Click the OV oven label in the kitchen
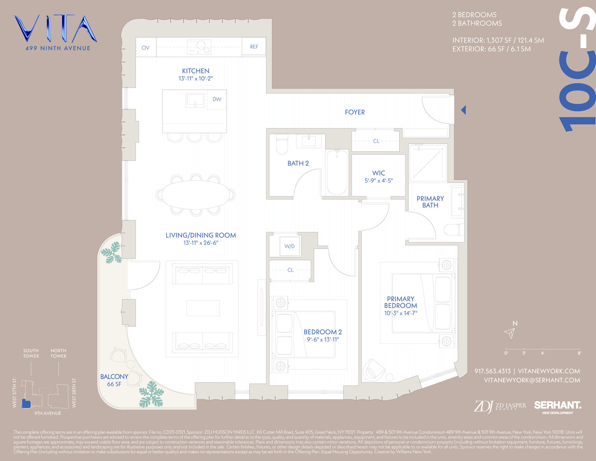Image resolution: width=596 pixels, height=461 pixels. click(x=146, y=47)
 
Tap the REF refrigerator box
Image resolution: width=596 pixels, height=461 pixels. click(x=254, y=47)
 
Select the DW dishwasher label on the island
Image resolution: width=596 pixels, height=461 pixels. click(x=217, y=99)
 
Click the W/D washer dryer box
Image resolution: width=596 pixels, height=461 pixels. click(x=289, y=246)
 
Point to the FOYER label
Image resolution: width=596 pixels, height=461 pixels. click(x=355, y=112)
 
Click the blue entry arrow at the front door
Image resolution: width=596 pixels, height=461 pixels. click(x=463, y=110)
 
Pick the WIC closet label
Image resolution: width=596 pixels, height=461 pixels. click(x=379, y=173)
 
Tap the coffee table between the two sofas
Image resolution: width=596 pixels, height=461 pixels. click(x=203, y=308)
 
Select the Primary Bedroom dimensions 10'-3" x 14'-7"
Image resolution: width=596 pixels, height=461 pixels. click(x=401, y=313)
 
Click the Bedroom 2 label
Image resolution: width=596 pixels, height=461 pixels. click(x=322, y=332)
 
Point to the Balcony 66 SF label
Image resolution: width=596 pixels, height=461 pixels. click(x=114, y=380)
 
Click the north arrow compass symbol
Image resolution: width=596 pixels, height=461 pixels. click(x=509, y=332)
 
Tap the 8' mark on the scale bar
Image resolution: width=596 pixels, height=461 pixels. click(x=579, y=353)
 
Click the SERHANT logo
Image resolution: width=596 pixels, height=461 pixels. click(x=557, y=406)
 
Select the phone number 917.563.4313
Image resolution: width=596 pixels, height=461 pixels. click(x=492, y=371)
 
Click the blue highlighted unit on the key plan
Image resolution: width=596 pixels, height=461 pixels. click(x=26, y=404)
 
